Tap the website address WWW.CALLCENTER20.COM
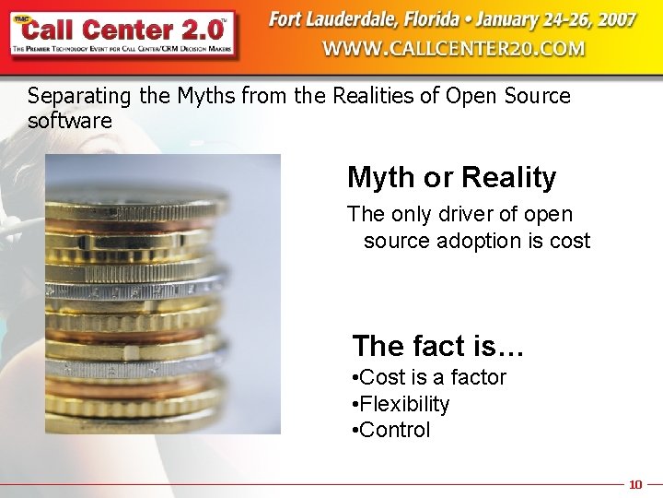[453, 48]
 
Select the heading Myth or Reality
[451, 177]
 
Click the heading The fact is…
[437, 346]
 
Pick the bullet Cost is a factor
[429, 377]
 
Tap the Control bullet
[391, 430]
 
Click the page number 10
[634, 484]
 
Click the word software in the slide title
[70, 121]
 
